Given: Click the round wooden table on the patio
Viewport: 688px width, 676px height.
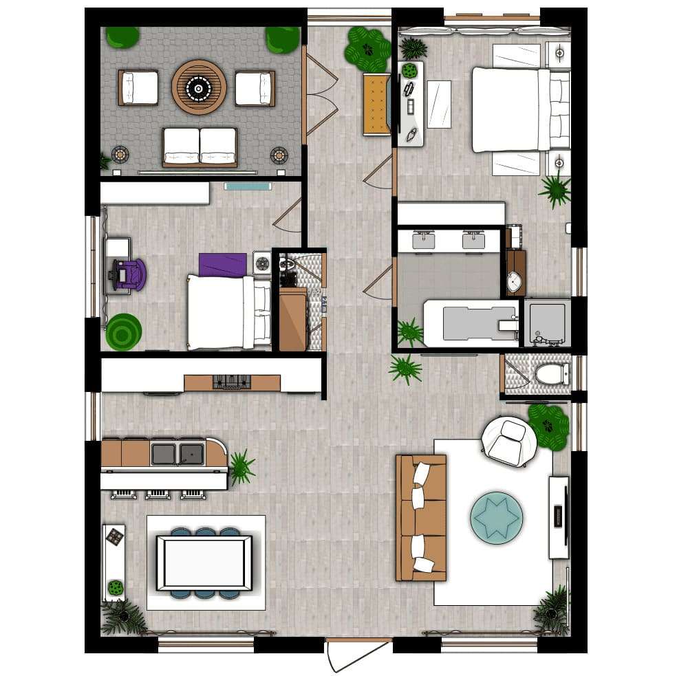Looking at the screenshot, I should tap(199, 87).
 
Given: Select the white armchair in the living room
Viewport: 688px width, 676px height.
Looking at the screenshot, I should tap(510, 441).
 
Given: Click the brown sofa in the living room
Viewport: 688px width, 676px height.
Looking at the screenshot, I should tap(420, 516).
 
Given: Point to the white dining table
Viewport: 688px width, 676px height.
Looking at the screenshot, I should tap(204, 563).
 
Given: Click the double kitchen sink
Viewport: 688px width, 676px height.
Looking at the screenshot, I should tap(178, 453).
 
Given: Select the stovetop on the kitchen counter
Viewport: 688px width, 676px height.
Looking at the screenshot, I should tap(233, 382).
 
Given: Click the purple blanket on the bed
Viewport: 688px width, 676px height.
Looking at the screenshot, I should tap(223, 264).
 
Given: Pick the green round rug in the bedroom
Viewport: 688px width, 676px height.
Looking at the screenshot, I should tap(123, 331).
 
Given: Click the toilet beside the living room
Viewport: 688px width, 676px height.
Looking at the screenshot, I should tap(550, 374).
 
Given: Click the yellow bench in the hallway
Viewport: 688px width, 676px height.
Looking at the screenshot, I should tap(376, 102).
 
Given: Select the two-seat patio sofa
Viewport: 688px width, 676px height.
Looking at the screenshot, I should tap(200, 146).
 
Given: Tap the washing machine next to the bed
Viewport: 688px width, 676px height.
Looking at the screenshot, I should tap(262, 262).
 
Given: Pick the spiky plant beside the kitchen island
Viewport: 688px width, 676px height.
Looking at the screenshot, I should tap(241, 468).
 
